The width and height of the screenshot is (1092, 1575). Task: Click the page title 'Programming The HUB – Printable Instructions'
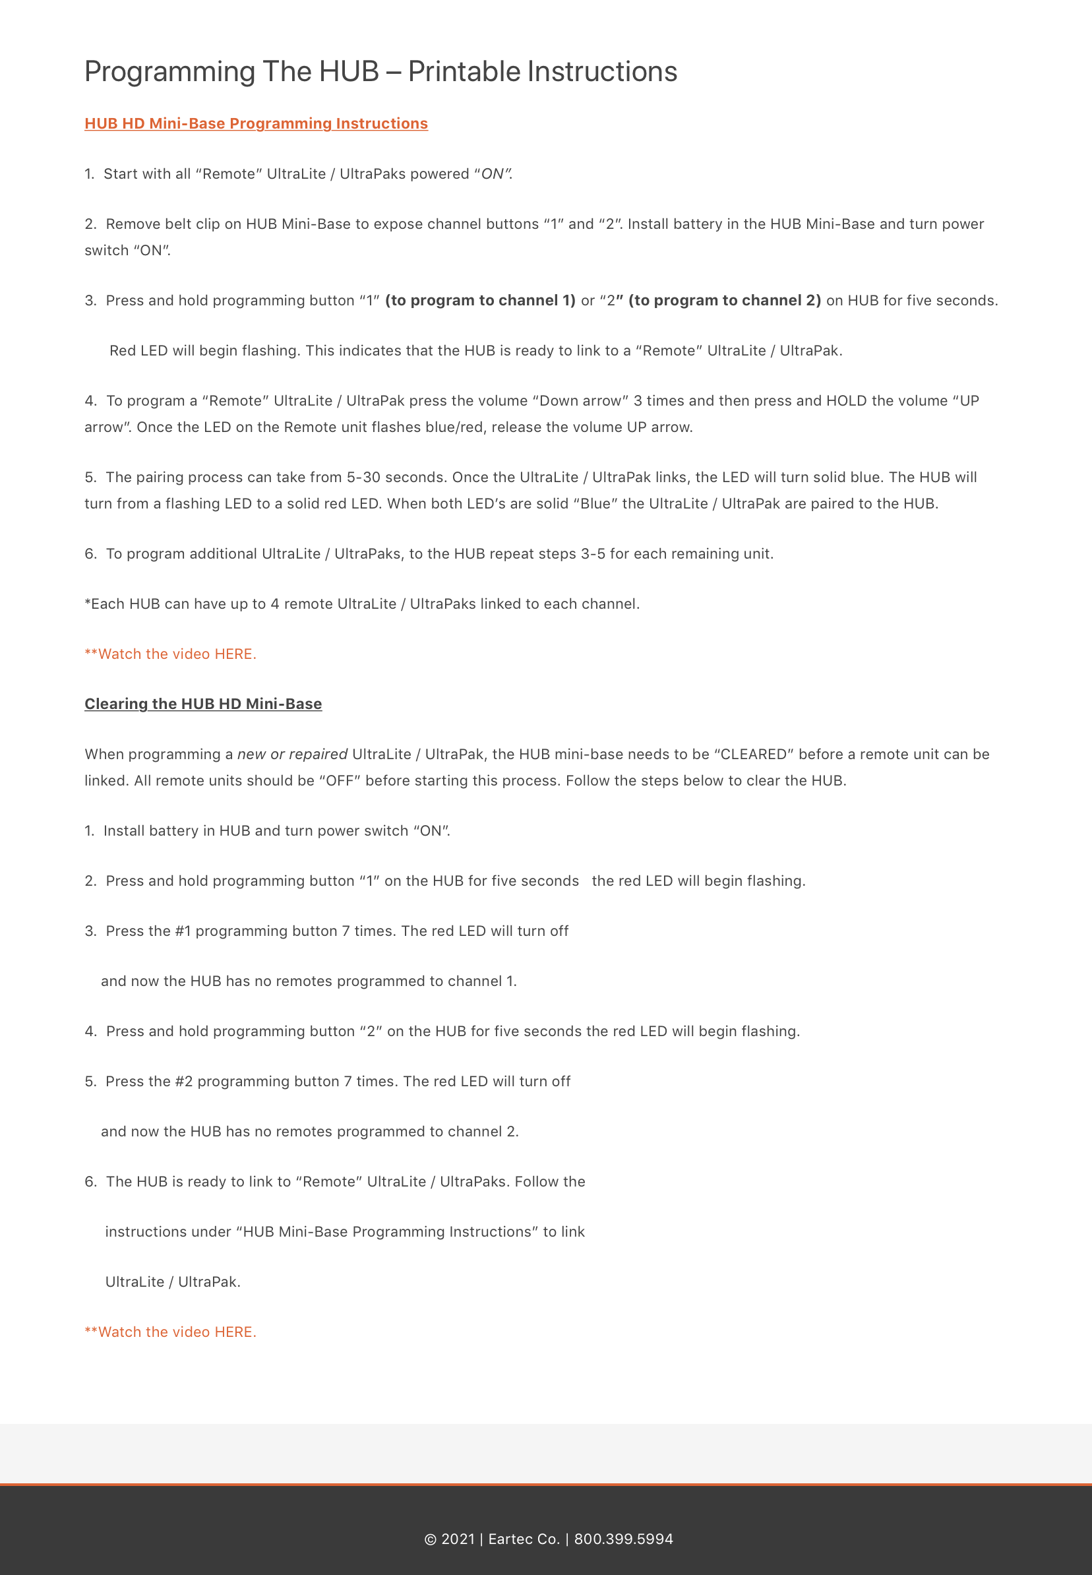380,72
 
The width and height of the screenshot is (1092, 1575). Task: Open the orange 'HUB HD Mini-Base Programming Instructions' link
256,124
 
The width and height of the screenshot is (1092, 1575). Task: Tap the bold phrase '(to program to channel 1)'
480,301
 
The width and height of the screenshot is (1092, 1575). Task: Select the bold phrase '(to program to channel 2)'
724,301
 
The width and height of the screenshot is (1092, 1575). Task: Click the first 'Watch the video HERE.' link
170,654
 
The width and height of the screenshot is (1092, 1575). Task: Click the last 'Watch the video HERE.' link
170,1332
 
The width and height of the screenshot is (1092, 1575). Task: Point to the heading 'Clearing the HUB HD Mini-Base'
203,704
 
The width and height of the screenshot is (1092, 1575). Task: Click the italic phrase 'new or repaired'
292,755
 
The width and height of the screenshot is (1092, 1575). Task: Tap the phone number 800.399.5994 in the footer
623,1539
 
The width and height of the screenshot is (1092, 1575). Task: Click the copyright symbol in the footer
431,1539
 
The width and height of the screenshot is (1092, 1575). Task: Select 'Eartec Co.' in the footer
524,1539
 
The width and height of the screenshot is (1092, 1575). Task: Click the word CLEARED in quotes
753,755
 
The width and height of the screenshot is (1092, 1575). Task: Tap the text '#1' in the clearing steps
183,931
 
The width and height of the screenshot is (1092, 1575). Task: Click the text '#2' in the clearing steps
183,1082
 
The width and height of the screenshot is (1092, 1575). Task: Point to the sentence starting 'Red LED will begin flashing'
475,351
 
